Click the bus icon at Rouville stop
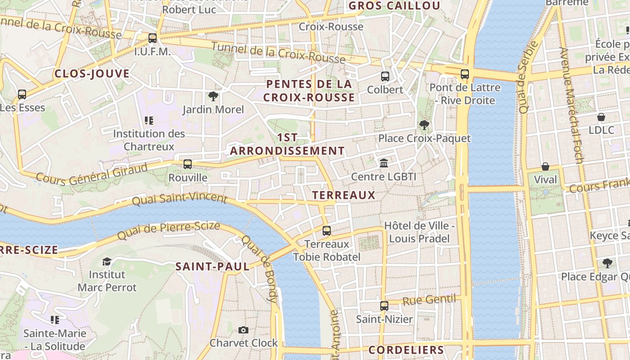[188, 164]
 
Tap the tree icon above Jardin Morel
[213, 96]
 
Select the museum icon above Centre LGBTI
[384, 163]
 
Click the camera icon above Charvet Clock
[243, 330]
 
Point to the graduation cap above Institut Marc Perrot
[107, 261]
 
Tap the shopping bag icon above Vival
[545, 166]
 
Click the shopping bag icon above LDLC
[601, 117]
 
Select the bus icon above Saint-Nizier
[384, 306]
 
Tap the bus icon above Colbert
[385, 76]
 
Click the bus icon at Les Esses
[22, 94]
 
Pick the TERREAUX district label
[344, 195]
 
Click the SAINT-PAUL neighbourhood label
[212, 266]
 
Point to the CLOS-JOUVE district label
[92, 74]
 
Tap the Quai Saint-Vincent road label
[180, 198]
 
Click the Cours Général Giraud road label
[92, 175]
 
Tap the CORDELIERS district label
[406, 350]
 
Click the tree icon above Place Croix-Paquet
[424, 125]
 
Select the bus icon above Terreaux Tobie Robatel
[327, 231]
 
